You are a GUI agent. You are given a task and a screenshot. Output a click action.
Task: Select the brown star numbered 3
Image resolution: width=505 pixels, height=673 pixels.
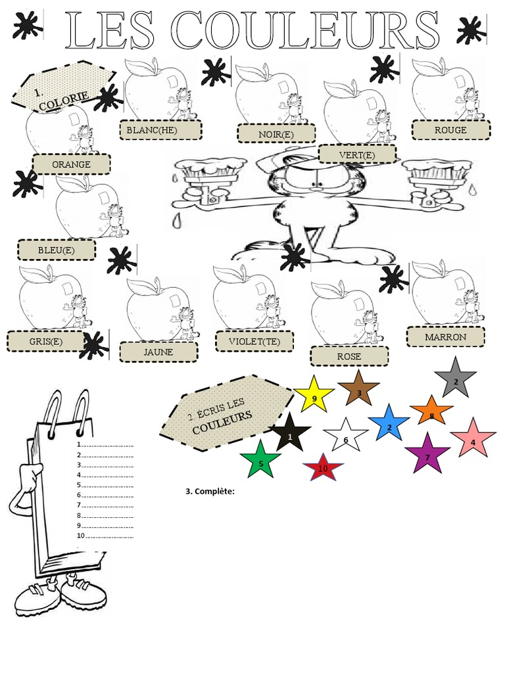pos(358,390)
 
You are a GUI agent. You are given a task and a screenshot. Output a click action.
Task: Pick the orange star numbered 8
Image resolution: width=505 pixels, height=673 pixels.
pos(431,413)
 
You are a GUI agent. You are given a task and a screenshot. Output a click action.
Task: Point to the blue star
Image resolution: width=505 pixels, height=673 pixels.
pos(389,424)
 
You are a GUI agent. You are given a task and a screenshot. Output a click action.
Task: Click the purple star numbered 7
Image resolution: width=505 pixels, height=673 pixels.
pos(427,454)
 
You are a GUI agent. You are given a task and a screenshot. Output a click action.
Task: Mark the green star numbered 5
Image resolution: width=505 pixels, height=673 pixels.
pos(260,461)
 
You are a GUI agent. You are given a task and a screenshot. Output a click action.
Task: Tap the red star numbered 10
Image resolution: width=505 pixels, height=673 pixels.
pos(323,468)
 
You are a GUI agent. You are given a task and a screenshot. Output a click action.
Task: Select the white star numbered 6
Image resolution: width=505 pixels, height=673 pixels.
pos(346,437)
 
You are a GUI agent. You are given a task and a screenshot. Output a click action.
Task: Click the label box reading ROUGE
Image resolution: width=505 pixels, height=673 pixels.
pos(450,130)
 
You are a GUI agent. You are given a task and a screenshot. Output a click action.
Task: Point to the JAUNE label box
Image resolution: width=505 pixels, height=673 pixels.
pos(158,352)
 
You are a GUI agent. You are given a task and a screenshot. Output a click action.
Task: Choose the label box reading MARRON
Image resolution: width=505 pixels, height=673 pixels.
pos(445,337)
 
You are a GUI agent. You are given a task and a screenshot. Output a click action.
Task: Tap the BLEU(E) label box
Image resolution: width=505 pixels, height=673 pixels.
pos(57,250)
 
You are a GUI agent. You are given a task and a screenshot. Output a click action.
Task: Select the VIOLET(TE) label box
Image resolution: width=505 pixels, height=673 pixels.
pos(254,342)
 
